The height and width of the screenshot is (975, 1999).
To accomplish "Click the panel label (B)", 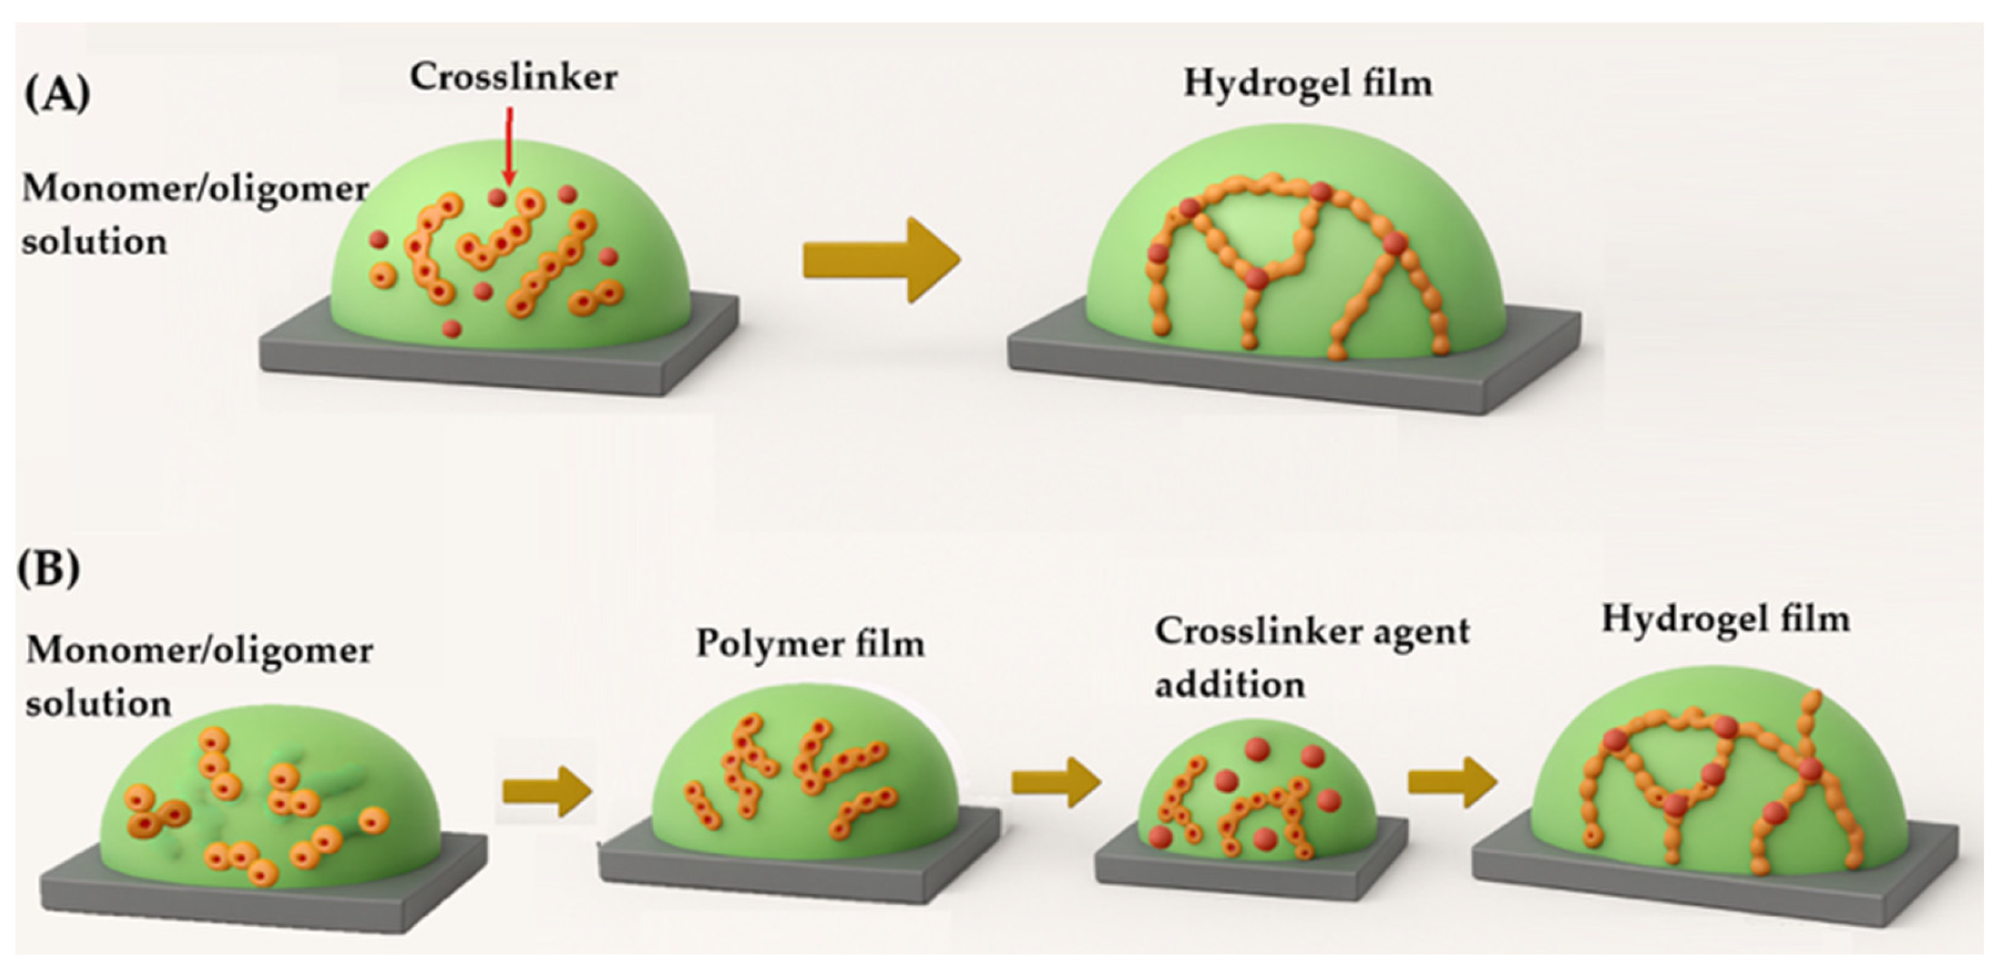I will (x=49, y=570).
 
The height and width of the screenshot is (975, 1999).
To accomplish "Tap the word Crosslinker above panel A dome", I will (x=514, y=78).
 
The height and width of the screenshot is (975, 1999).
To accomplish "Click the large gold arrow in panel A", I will (x=881, y=260).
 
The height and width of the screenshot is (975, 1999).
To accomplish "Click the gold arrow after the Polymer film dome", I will (x=1056, y=784).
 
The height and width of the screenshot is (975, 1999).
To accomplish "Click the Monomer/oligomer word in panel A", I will (x=195, y=189).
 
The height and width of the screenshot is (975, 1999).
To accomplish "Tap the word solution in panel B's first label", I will (x=98, y=704).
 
